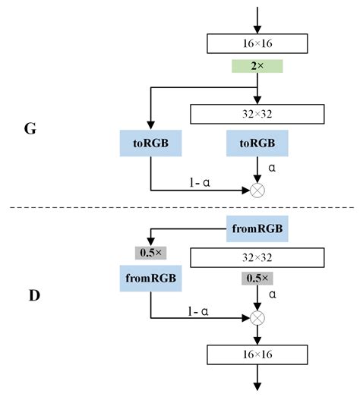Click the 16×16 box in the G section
tap(258, 44)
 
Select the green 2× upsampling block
tap(258, 67)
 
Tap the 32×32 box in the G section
tap(258, 114)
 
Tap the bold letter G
tap(30, 128)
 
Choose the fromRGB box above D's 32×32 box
tap(258, 227)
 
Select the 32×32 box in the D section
tap(258, 258)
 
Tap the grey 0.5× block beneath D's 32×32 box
tap(258, 279)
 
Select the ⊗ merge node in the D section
tap(258, 317)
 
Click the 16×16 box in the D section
tap(258, 354)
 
